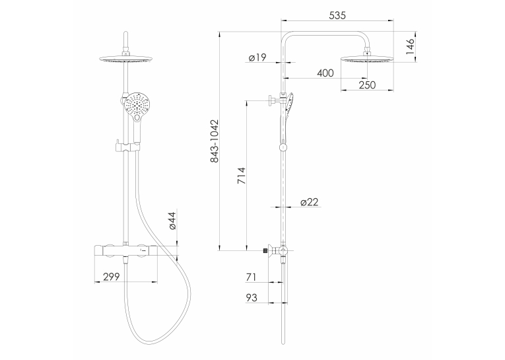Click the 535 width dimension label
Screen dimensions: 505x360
click(x=337, y=15)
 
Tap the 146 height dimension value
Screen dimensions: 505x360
click(x=410, y=47)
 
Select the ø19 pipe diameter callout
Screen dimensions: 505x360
click(x=257, y=57)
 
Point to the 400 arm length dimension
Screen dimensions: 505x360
click(x=325, y=73)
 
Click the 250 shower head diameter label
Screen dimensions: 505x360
click(x=367, y=85)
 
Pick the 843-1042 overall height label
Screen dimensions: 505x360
click(x=214, y=141)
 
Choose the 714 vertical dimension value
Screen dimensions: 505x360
click(x=241, y=176)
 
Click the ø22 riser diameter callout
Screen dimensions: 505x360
click(x=309, y=202)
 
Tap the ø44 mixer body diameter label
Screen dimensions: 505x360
click(x=172, y=221)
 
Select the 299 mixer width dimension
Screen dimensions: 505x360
click(x=112, y=277)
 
